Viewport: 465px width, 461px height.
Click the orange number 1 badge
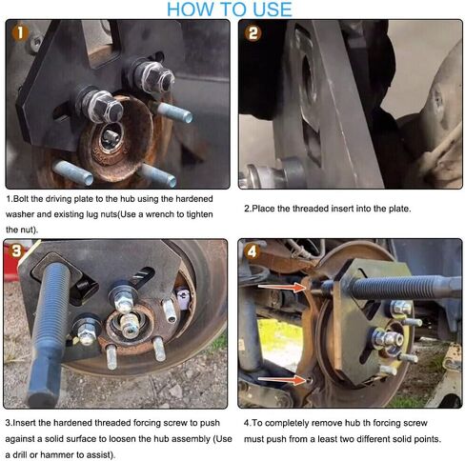tap(20, 33)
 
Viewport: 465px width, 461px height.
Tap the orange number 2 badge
tap(253, 33)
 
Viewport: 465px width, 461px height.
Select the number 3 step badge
tap(16, 251)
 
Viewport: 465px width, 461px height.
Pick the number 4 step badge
tap(252, 252)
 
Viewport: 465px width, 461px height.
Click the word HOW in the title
tap(191, 10)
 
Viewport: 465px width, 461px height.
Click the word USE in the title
tap(273, 10)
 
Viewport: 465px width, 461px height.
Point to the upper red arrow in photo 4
tap(282, 288)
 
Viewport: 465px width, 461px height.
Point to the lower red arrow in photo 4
tap(282, 379)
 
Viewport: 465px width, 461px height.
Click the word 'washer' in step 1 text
tap(18, 214)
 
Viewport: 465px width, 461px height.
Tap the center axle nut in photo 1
tap(111, 137)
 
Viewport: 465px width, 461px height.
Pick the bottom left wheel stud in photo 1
tap(72, 172)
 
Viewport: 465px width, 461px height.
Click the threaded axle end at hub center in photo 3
tap(130, 325)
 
